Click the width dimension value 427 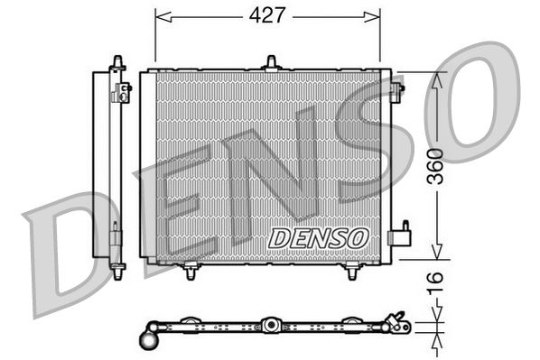267,15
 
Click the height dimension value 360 437,166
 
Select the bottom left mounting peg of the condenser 191,270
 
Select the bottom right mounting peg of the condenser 351,270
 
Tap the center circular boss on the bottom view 269,324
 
